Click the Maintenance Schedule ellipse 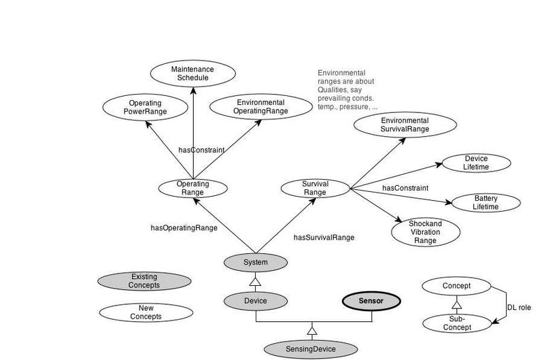coord(192,73)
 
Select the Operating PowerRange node coord(145,107)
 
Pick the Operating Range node coord(193,188)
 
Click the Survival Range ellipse coord(315,188)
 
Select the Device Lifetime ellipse coord(476,163)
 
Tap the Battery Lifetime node coord(486,202)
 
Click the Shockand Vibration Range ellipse coord(425,232)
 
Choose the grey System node coord(256,263)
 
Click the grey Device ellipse coord(256,300)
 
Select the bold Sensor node coord(371,300)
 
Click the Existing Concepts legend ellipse coord(144,280)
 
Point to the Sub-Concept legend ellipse coord(457,323)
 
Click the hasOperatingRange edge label coord(184,228)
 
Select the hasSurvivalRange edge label coord(324,238)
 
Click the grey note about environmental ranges coord(347,90)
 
